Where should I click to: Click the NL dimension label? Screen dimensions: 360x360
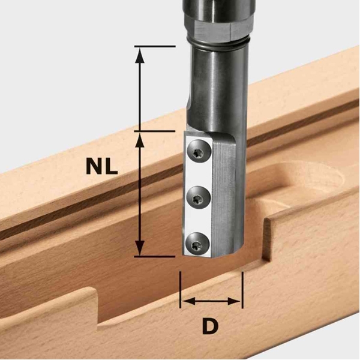[x=102, y=166]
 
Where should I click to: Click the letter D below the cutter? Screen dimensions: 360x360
[x=211, y=326]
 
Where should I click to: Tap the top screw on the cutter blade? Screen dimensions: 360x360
[x=199, y=152]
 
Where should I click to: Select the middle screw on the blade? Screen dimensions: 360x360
[x=199, y=198]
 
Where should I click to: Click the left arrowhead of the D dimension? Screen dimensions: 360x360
[x=189, y=301]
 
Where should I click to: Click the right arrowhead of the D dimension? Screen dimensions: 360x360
[x=234, y=301]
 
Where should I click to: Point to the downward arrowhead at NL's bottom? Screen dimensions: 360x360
[x=140, y=247]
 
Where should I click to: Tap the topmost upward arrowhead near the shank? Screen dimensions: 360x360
[x=140, y=55]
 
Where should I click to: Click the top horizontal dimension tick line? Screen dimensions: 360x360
[x=155, y=46]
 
